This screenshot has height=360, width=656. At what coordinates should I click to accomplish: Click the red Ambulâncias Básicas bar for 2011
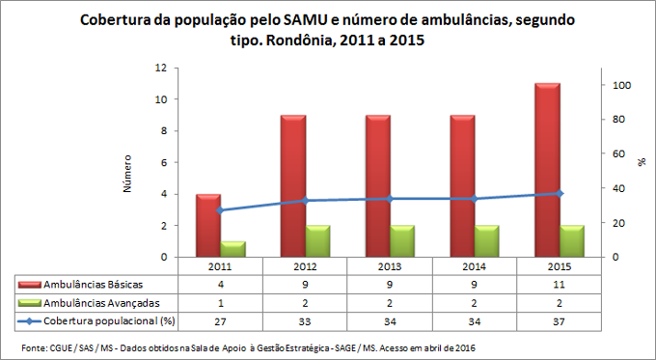point(209,226)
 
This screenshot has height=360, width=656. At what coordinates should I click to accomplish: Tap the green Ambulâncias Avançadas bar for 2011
point(233,249)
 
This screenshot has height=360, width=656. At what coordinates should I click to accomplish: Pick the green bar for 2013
point(403,241)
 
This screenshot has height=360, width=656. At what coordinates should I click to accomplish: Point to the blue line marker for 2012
point(306,201)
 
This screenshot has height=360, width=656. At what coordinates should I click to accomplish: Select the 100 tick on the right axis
point(622,86)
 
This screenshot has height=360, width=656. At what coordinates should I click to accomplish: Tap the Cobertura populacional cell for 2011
point(221,319)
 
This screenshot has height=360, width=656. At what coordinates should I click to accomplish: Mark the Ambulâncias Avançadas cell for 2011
point(221,302)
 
